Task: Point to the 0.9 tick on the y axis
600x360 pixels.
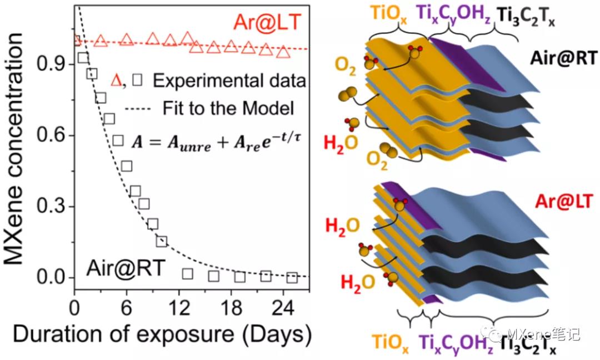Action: [54, 65]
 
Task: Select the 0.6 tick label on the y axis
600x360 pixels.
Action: [54, 136]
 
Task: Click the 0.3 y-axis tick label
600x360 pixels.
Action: [54, 207]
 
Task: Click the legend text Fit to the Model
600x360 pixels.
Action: [228, 108]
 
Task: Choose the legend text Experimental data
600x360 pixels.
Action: [229, 81]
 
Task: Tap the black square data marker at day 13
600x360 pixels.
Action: [187, 273]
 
